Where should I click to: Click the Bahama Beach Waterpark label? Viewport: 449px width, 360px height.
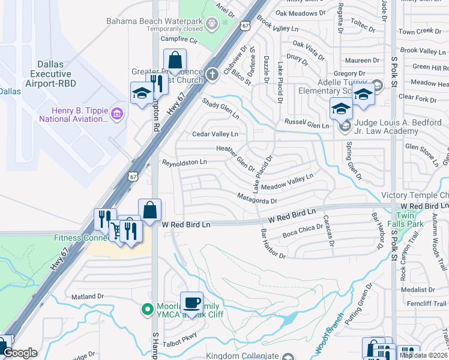pyautogui.click(x=154, y=20)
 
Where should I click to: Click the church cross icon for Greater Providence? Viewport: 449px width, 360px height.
pyautogui.click(x=211, y=74)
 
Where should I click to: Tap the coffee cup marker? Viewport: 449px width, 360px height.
pyautogui.click(x=191, y=302)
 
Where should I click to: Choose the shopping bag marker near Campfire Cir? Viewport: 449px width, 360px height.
pyautogui.click(x=175, y=61)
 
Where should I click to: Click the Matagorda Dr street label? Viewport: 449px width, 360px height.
pyautogui.click(x=256, y=201)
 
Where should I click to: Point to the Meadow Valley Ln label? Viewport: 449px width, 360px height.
pyautogui.click(x=287, y=181)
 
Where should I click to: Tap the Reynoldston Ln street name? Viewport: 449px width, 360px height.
pyautogui.click(x=184, y=162)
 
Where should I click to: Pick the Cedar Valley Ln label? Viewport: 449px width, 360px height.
pyautogui.click(x=215, y=134)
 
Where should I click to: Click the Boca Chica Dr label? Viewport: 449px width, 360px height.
pyautogui.click(x=299, y=232)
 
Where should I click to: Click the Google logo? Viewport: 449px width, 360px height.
pyautogui.click(x=20, y=353)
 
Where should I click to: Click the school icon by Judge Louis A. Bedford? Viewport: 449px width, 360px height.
pyautogui.click(x=345, y=125)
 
